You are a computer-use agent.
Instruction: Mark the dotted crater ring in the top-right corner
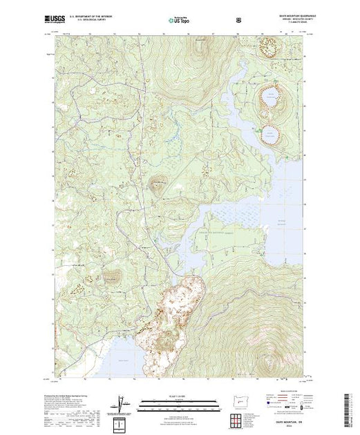pyautogui.click(x=268, y=48)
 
